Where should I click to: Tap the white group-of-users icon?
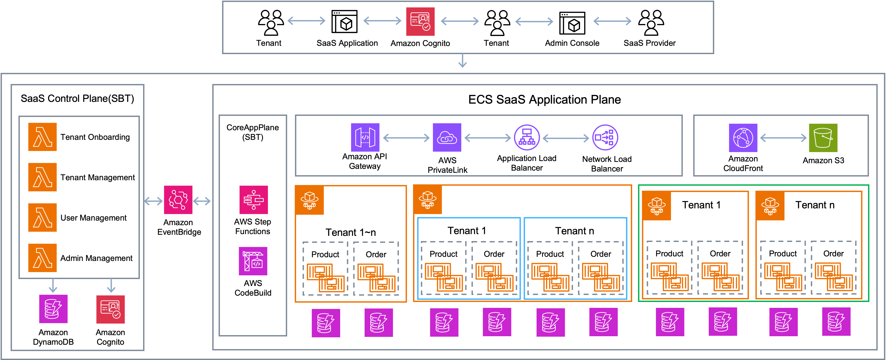pyautogui.click(x=649, y=22)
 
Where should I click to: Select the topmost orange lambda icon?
pyautogui.click(x=42, y=137)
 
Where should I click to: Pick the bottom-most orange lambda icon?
pyautogui.click(x=42, y=258)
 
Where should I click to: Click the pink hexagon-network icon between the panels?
pyautogui.click(x=178, y=200)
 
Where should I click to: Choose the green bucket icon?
pyautogui.click(x=823, y=138)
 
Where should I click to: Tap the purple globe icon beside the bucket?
pyautogui.click(x=743, y=138)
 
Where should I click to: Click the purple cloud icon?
pyautogui.click(x=447, y=137)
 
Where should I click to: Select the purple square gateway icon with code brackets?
pyautogui.click(x=365, y=137)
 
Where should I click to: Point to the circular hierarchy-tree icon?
pyautogui.click(x=527, y=137)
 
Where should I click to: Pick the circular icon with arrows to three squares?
pyautogui.click(x=605, y=137)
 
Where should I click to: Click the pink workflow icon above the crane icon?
pyautogui.click(x=254, y=200)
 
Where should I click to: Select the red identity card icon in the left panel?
pyautogui.click(x=110, y=309)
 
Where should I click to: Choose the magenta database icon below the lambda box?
pyautogui.click(x=53, y=309)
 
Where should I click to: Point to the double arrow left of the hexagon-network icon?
pyautogui.click(x=153, y=201)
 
